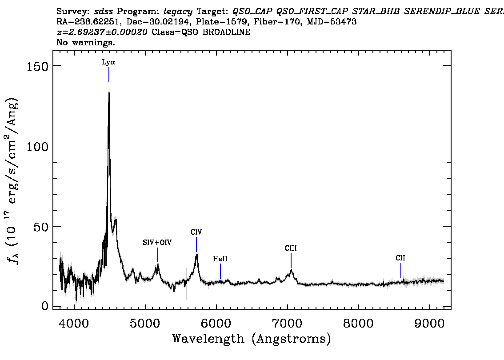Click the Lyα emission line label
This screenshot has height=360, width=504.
[108, 62]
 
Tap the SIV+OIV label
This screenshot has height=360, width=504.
[157, 242]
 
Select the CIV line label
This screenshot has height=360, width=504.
[196, 232]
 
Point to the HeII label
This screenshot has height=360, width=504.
[220, 259]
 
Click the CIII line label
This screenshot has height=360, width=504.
[291, 248]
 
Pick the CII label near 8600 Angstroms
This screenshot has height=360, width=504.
[400, 258]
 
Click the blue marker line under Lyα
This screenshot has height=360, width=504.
[109, 75]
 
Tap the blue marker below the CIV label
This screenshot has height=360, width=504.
[196, 244]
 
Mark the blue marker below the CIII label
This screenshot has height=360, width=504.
[291, 261]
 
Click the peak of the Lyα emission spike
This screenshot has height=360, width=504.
[109, 92]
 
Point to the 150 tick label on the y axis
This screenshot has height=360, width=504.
[36, 66]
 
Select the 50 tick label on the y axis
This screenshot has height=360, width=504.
[41, 227]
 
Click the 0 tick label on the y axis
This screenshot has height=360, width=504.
[45, 306]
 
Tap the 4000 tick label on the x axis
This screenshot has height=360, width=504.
[74, 324]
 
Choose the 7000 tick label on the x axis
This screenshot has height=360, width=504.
[288, 324]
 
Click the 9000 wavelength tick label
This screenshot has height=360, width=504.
[429, 324]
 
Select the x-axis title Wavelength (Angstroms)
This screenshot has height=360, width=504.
[252, 339]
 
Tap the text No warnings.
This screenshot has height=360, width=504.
[85, 42]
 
